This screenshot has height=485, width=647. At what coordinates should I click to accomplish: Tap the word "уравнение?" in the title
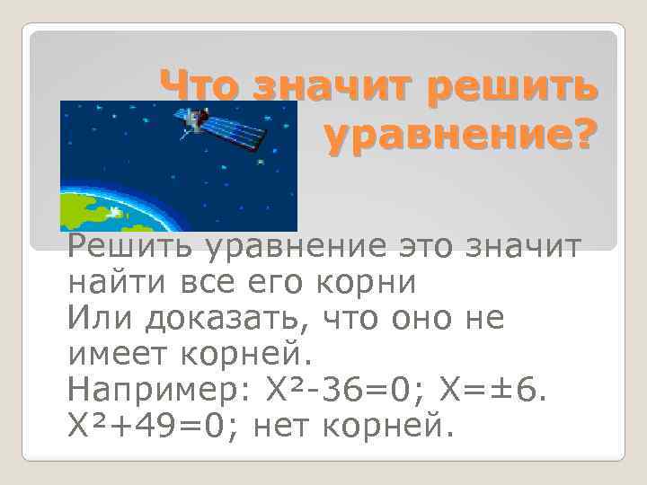[x=459, y=137]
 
